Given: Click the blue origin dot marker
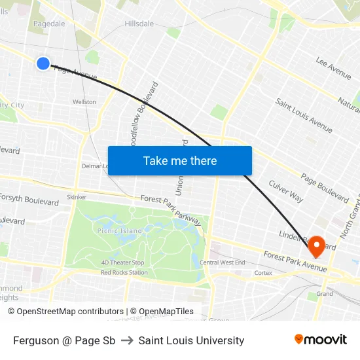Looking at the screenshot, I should pyautogui.click(x=43, y=63).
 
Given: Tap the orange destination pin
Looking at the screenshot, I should pyautogui.click(x=317, y=246).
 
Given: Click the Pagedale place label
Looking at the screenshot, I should pyautogui.click(x=49, y=24).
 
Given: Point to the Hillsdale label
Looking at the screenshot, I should pyautogui.click(x=139, y=24).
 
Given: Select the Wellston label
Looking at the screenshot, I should pyautogui.click(x=84, y=102).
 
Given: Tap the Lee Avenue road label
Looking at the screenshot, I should pyautogui.click(x=333, y=67).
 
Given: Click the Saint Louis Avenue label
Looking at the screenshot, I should pyautogui.click(x=304, y=115).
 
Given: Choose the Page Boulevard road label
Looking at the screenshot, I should pyautogui.click(x=325, y=187).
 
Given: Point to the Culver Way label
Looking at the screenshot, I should pyautogui.click(x=286, y=191).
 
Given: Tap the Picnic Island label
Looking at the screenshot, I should pyautogui.click(x=118, y=231).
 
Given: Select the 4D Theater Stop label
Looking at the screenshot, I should pyautogui.click(x=122, y=262).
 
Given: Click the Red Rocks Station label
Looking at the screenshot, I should pyautogui.click(x=124, y=272).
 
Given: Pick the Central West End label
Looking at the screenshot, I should pyautogui.click(x=223, y=262).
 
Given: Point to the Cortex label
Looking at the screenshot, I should pyautogui.click(x=263, y=272).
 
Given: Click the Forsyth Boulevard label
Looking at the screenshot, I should pyautogui.click(x=29, y=198).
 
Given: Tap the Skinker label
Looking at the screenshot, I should pyautogui.click(x=77, y=197).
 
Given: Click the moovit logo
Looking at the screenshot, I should pyautogui.click(x=320, y=340).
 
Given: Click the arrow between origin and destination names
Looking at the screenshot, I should pyautogui.click(x=127, y=340).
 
